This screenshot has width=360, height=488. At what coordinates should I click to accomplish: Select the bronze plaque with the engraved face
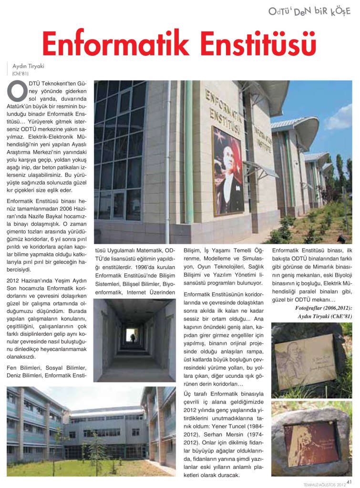306,361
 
